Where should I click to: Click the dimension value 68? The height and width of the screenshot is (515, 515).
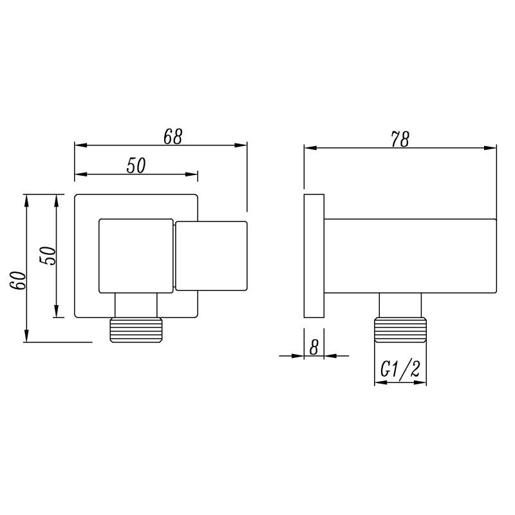coord(173,136)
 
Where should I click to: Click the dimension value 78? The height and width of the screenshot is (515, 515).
coord(400,139)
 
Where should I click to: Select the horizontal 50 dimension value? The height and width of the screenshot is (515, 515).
coord(136,165)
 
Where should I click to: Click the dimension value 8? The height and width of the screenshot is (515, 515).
coord(314,347)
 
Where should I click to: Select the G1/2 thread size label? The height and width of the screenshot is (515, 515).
coord(400,370)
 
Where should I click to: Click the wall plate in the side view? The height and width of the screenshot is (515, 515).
coord(314,255)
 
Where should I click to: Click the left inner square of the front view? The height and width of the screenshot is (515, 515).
coord(135,256)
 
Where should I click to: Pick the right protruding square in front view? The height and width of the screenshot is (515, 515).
coord(211,256)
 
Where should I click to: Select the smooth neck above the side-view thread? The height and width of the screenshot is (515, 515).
coord(400,304)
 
